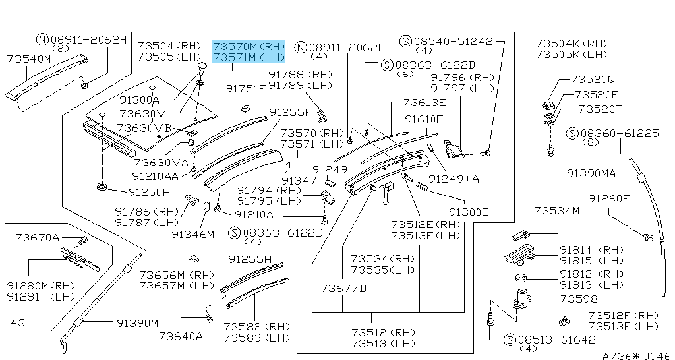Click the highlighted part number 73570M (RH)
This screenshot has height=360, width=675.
(249, 47)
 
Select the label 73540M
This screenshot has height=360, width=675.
(28, 59)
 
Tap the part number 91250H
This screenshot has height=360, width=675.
(149, 192)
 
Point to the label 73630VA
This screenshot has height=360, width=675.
(161, 162)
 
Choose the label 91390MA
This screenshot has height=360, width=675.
(591, 173)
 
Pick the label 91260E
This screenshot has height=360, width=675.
(609, 198)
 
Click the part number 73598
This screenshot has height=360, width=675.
(579, 299)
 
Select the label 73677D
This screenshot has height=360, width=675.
(343, 288)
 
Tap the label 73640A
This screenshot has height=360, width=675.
(181, 336)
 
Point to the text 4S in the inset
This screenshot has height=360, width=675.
(18, 323)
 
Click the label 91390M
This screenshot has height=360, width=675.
(138, 323)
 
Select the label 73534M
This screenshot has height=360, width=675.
(556, 211)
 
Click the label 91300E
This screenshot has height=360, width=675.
(469, 212)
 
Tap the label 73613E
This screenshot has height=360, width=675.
(425, 103)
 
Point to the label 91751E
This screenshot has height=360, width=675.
(246, 88)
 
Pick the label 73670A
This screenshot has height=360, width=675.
(38, 237)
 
